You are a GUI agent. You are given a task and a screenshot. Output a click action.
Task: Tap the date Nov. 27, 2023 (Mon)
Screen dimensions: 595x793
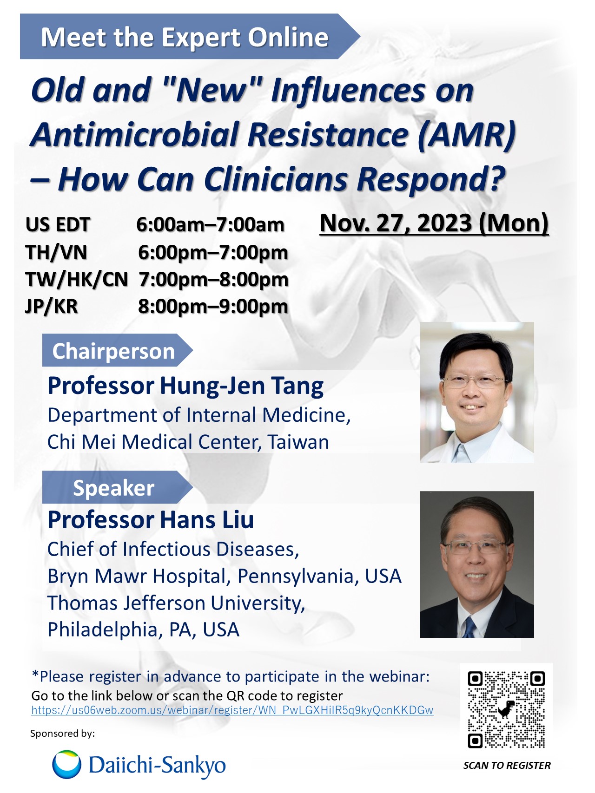pyautogui.click(x=434, y=223)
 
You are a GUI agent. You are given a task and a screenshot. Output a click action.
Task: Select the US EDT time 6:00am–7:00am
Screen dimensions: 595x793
pyautogui.click(x=210, y=225)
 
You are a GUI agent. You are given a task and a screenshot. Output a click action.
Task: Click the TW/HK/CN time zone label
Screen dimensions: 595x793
pyautogui.click(x=76, y=280)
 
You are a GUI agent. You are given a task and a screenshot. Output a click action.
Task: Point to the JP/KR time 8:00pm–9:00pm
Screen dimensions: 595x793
pyautogui.click(x=213, y=307)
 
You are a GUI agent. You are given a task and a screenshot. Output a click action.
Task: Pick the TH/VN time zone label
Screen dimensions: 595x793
pyautogui.click(x=56, y=253)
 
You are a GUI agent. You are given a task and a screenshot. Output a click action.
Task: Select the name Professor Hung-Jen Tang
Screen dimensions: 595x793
pyautogui.click(x=185, y=386)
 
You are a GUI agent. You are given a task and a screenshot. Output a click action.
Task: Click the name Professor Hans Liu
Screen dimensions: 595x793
pyautogui.click(x=151, y=520)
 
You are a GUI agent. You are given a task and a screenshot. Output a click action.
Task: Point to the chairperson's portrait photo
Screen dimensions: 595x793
pyautogui.click(x=477, y=393)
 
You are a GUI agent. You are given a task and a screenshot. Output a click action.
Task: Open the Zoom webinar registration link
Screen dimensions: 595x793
pyautogui.click(x=232, y=710)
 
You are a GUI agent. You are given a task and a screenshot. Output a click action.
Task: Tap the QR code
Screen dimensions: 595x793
pyautogui.click(x=506, y=709)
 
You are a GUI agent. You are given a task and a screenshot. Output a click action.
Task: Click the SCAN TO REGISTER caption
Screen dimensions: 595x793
pyautogui.click(x=507, y=766)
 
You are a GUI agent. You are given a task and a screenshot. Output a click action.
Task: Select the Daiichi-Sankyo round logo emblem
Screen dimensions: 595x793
pyautogui.click(x=66, y=764)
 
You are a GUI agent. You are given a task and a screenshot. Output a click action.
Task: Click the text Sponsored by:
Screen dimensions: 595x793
pyautogui.click(x=62, y=734)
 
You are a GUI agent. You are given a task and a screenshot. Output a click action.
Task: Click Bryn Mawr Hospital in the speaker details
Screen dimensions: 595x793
pyautogui.click(x=137, y=577)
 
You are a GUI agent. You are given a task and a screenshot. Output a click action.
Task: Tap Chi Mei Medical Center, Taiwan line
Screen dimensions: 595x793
pyautogui.click(x=188, y=442)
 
